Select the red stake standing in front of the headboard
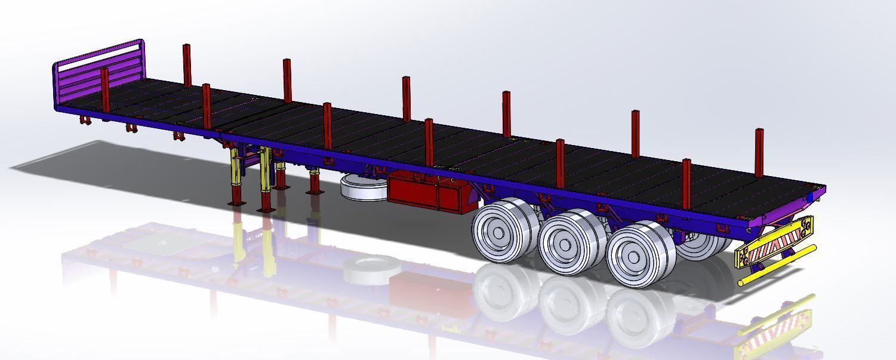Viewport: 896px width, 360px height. pyautogui.click(x=105, y=90)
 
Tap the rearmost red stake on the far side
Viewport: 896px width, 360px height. pyautogui.click(x=759, y=152)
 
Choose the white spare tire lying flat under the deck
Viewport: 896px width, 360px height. pyautogui.click(x=363, y=188)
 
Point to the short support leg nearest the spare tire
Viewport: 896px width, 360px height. pyautogui.click(x=314, y=182)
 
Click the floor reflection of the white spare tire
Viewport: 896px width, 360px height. pyautogui.click(x=370, y=269)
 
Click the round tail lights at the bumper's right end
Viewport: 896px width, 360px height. pyautogui.click(x=807, y=225)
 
